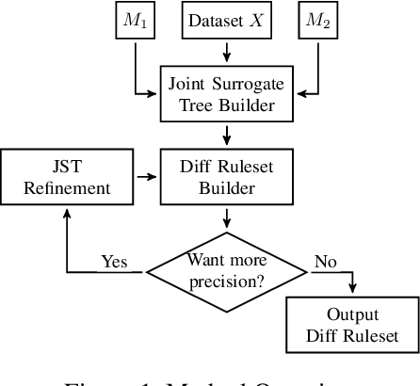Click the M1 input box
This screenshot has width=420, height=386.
(x=135, y=19)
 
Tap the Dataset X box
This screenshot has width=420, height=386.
(x=226, y=19)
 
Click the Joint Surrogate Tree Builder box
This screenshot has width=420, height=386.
(x=227, y=94)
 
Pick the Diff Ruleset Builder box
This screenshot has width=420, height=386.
(x=227, y=176)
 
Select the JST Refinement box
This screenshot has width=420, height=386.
(x=69, y=176)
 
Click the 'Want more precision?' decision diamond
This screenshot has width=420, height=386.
(x=227, y=269)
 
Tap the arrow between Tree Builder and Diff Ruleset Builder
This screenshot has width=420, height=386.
(x=227, y=135)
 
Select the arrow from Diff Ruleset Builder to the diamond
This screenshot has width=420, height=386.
(x=227, y=217)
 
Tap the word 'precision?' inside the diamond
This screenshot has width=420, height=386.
(x=227, y=280)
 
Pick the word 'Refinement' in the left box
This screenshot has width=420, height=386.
(x=69, y=187)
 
